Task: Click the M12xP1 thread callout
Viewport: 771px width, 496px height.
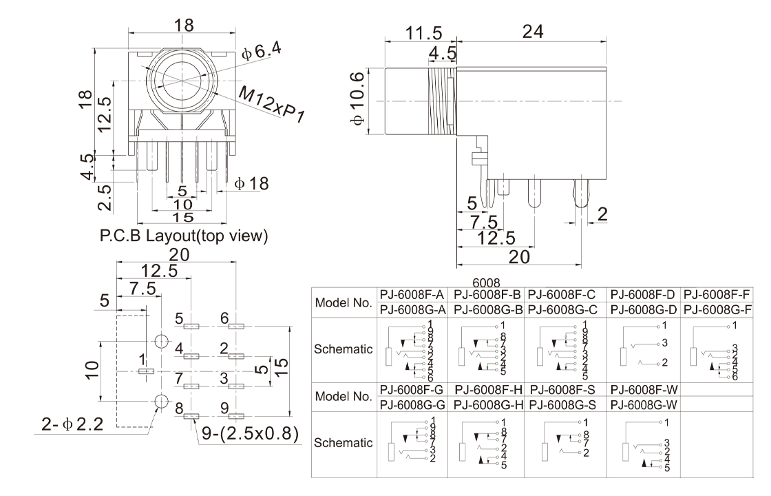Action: [x=271, y=104]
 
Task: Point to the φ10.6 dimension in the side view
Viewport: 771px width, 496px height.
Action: [x=357, y=101]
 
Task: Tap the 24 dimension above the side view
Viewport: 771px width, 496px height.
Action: [x=533, y=32]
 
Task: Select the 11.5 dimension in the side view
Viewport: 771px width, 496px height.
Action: [x=405, y=32]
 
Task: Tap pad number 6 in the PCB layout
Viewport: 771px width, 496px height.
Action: [x=235, y=325]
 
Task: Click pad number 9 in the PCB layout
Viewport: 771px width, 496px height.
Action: [x=235, y=416]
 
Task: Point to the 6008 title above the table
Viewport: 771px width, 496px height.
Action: [x=489, y=282]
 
